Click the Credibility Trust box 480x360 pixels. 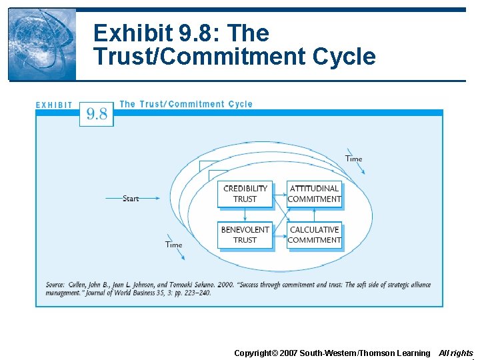[x=245, y=193]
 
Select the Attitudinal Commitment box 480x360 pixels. [x=314, y=193]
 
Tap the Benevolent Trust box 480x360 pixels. [x=245, y=235]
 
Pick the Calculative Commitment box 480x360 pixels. [x=314, y=235]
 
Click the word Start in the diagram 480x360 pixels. [x=131, y=199]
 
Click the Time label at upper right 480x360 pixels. [x=353, y=159]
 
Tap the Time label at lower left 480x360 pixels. [x=173, y=245]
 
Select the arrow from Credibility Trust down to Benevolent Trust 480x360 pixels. [x=245, y=213]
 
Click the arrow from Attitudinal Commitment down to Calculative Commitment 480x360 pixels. [x=314, y=213]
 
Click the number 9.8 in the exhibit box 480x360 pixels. [x=97, y=114]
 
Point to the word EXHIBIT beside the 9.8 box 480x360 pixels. [x=54, y=105]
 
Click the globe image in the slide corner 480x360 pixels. [x=41, y=44]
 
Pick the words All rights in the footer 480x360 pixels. [x=456, y=353]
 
